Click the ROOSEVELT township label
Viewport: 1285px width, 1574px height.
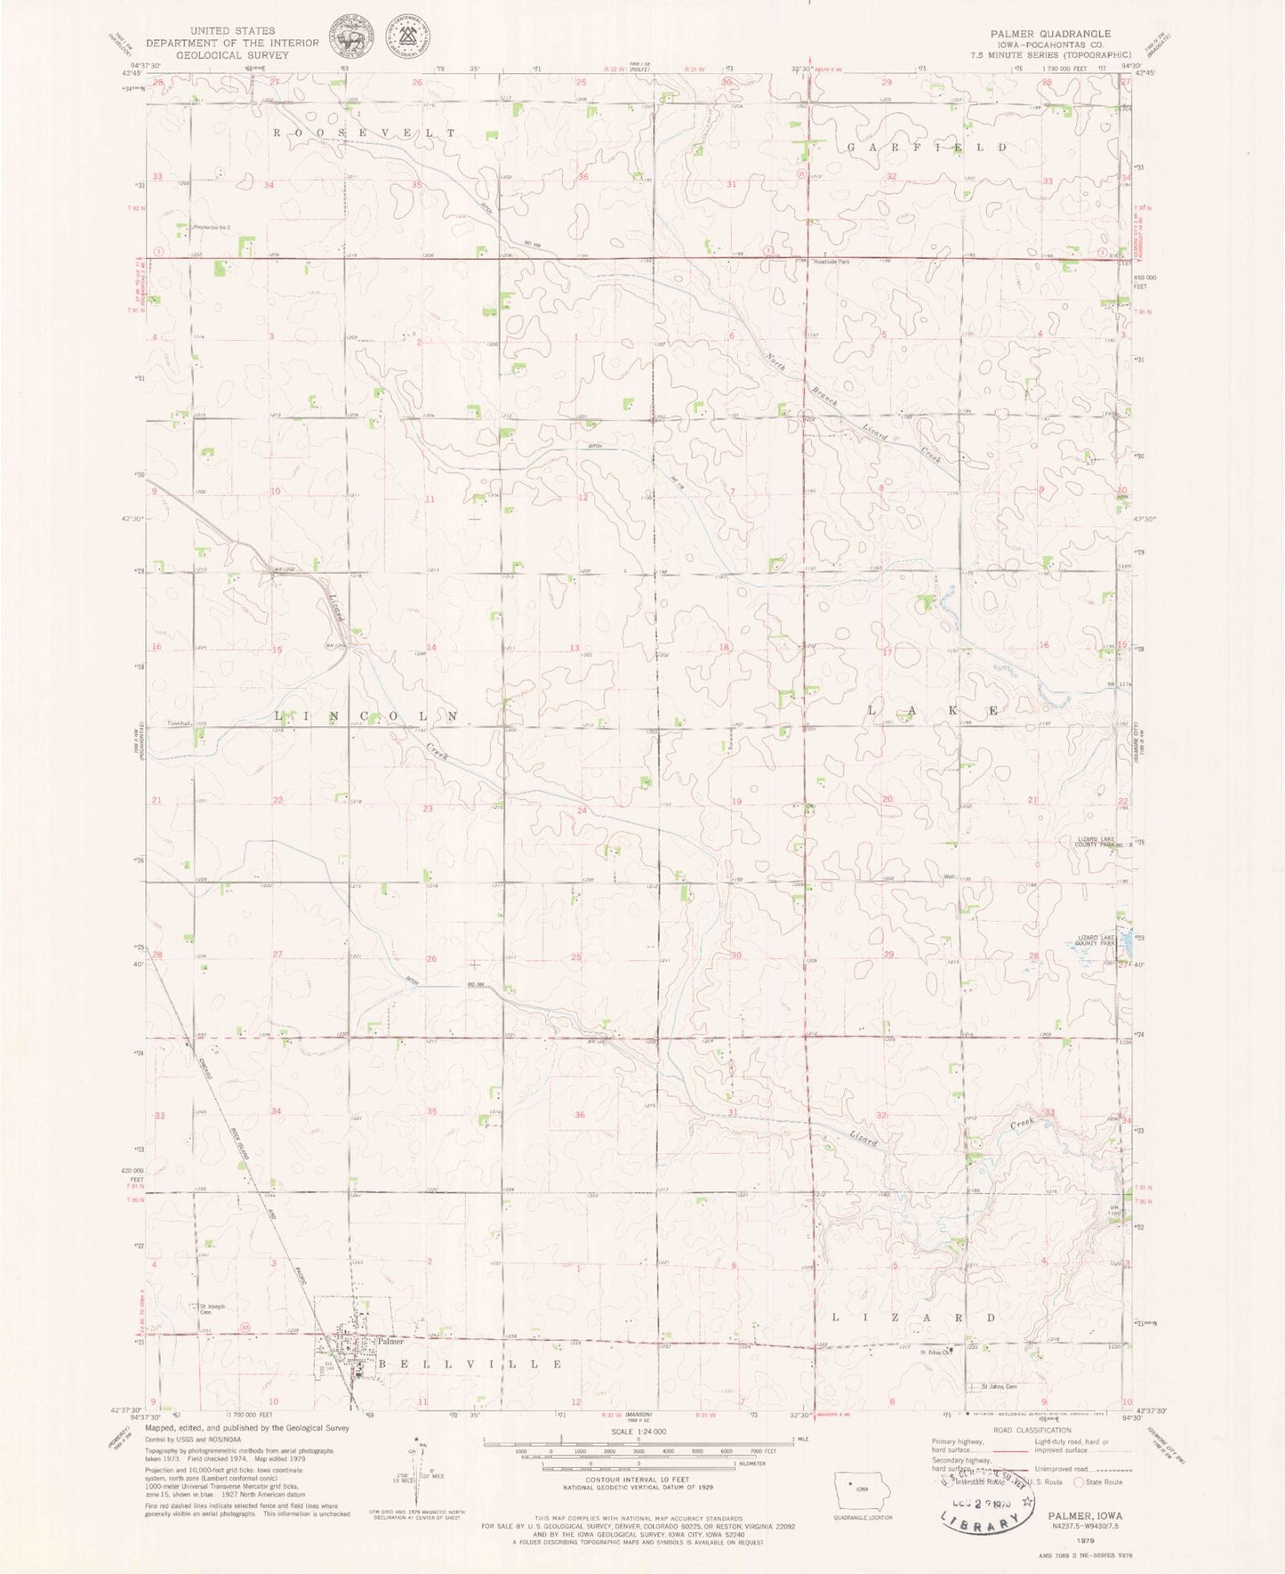click(364, 133)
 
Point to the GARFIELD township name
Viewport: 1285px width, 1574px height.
click(928, 146)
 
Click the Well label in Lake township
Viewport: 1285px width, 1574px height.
click(950, 877)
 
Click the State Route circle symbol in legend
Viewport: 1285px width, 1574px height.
click(1080, 1482)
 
